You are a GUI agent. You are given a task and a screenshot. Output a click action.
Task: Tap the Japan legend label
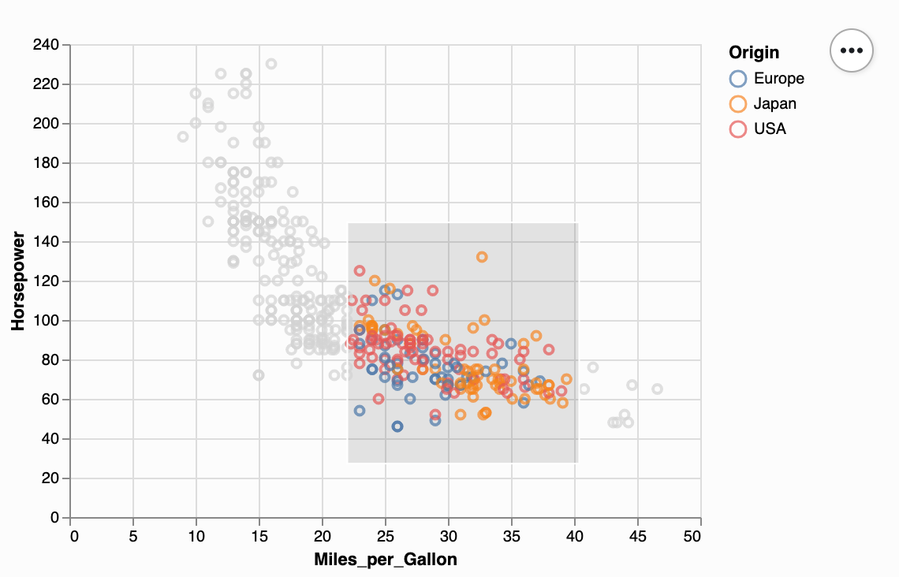(774, 103)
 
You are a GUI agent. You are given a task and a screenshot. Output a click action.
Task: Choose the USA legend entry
(770, 128)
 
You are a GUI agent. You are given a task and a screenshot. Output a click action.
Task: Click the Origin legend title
(754, 53)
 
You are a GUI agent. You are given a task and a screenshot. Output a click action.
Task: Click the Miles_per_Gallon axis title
(386, 560)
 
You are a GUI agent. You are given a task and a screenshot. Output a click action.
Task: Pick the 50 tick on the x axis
(692, 537)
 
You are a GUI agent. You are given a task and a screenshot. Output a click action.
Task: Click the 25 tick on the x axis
(386, 537)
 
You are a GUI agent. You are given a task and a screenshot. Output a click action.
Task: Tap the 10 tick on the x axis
(196, 537)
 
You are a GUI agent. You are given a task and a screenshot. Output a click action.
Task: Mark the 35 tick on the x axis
(512, 537)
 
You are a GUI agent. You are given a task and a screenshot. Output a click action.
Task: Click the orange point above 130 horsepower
(482, 257)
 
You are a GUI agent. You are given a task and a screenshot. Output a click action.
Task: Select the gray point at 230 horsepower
(271, 64)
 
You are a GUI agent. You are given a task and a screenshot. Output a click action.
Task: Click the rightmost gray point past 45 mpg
(658, 389)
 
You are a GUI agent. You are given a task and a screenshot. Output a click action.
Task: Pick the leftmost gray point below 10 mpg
(183, 137)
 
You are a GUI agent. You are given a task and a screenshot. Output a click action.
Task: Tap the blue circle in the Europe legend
(738, 78)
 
